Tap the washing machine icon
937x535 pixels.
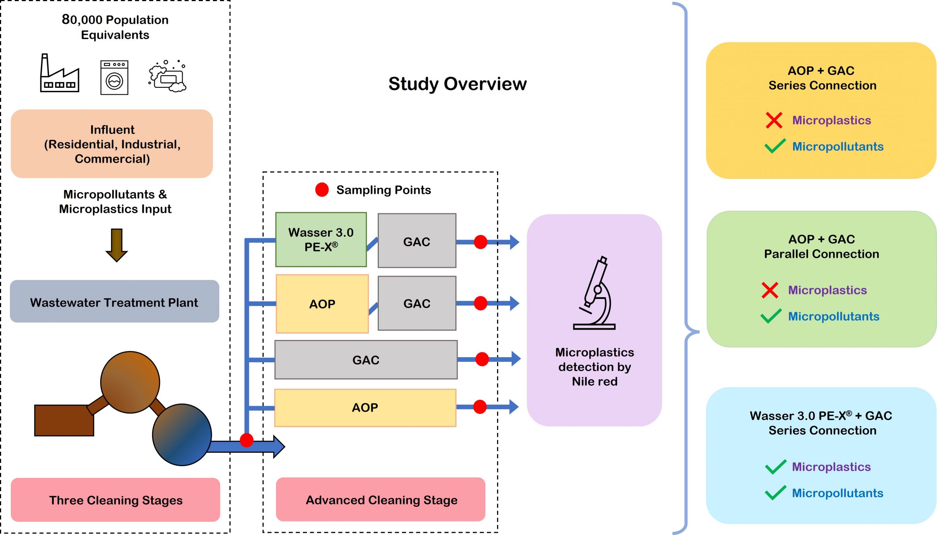114,78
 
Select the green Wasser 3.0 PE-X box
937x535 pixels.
321,240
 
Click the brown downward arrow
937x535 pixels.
116,245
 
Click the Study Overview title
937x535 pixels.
457,84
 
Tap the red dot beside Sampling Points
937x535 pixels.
322,190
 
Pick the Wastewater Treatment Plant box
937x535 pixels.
114,302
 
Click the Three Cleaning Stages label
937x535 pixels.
115,500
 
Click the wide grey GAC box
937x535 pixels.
366,360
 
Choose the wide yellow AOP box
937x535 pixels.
365,408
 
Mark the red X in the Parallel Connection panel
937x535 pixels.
770,290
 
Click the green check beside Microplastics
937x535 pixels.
775,467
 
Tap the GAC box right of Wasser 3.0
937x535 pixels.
417,241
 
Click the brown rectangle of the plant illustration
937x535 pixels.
64,420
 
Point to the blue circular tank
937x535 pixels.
182,435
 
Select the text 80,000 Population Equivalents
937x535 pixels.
115,27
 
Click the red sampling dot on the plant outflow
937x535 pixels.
247,440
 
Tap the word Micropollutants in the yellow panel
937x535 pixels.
837,147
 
